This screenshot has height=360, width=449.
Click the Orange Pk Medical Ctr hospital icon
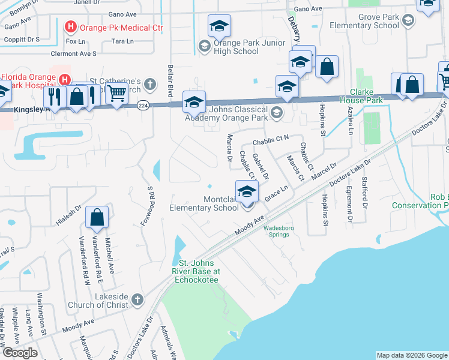click(x=71, y=27)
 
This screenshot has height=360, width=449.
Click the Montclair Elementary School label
click(x=204, y=203)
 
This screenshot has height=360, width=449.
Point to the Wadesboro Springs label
click(x=285, y=231)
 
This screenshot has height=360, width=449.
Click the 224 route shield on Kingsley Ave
click(x=142, y=106)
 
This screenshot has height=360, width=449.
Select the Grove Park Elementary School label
click(x=378, y=22)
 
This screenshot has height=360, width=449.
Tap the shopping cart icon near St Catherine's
click(x=116, y=93)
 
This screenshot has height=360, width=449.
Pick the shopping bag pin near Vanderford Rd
click(x=97, y=217)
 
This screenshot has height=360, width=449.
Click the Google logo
click(x=20, y=353)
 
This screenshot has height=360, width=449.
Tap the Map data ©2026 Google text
click(x=411, y=355)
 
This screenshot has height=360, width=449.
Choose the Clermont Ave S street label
click(x=74, y=53)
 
